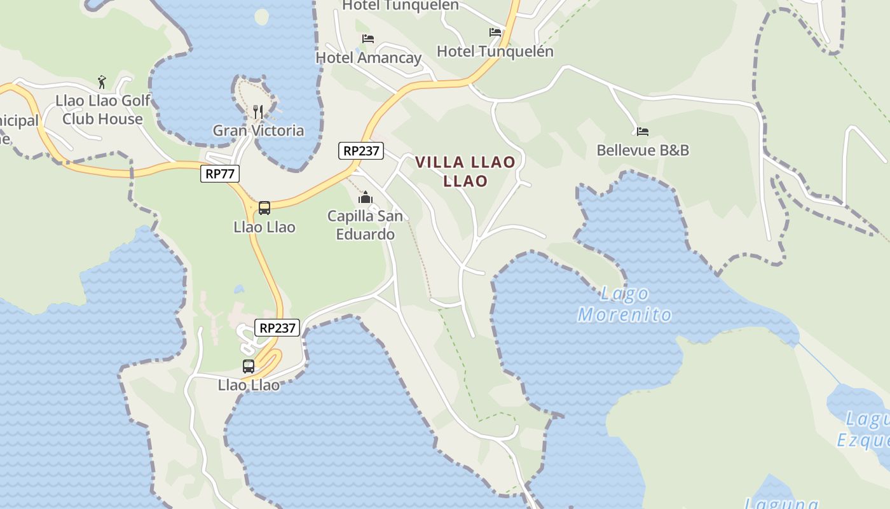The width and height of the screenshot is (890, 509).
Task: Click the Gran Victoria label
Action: (x=258, y=131)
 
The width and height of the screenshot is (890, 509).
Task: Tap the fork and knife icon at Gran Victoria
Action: (x=258, y=112)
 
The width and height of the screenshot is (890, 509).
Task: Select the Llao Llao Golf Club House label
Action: (x=102, y=109)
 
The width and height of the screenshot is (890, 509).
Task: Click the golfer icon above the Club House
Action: (x=102, y=81)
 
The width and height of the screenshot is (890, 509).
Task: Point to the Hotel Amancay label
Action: (x=369, y=58)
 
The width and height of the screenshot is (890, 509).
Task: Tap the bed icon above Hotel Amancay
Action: (x=368, y=39)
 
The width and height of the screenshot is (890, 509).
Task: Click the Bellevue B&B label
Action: (x=643, y=150)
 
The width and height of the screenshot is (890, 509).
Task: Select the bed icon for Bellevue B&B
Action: (x=643, y=132)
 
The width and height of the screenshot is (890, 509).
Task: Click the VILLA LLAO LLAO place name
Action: (x=465, y=171)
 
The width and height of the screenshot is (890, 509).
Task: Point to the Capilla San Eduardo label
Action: (x=365, y=225)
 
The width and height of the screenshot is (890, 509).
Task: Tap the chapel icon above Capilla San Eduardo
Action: (x=365, y=197)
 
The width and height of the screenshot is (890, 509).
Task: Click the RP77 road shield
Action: (x=220, y=174)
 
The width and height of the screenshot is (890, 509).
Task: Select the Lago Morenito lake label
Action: (x=624, y=304)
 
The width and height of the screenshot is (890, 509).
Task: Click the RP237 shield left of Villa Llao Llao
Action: (x=361, y=151)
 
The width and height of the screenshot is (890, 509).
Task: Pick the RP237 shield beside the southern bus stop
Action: (x=277, y=328)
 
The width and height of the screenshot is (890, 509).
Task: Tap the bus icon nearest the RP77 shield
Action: (x=264, y=208)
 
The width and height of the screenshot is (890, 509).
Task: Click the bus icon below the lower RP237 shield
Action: (x=249, y=366)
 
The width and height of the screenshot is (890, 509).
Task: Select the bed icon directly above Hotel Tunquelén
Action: (x=495, y=32)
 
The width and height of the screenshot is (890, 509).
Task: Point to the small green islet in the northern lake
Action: (x=261, y=17)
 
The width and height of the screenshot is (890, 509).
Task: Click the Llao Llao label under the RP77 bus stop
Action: (x=264, y=227)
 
